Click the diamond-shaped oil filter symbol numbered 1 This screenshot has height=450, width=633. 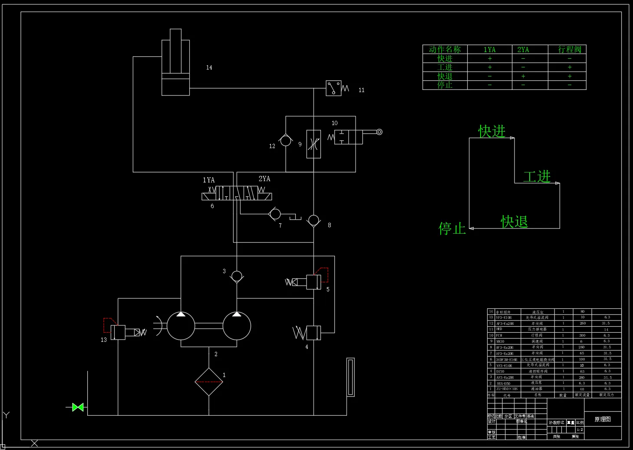click(x=209, y=382)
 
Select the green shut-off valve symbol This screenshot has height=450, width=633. click(x=78, y=407)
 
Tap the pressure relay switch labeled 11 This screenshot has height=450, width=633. click(x=333, y=88)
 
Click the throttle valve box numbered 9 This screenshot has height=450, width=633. click(x=313, y=144)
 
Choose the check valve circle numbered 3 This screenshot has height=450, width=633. click(x=237, y=276)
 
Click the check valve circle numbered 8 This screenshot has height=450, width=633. click(x=313, y=220)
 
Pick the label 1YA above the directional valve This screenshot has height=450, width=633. click(x=209, y=180)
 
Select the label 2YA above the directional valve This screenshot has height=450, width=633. click(x=264, y=179)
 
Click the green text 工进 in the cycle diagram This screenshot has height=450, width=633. click(x=537, y=176)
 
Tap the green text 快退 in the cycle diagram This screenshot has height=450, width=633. click(x=514, y=222)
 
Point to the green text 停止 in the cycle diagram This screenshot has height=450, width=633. click(x=452, y=228)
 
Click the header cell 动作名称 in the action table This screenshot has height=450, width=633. click(x=445, y=50)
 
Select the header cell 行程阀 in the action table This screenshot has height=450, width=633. click(x=569, y=50)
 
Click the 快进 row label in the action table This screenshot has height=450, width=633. click(x=445, y=59)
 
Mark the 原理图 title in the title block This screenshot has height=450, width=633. click(x=603, y=419)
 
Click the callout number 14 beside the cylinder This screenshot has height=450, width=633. click(x=209, y=67)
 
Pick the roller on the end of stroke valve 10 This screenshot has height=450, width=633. click(x=379, y=132)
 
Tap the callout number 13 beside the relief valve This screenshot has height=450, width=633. click(x=104, y=340)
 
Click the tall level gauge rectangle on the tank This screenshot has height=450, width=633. click(x=350, y=377)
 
